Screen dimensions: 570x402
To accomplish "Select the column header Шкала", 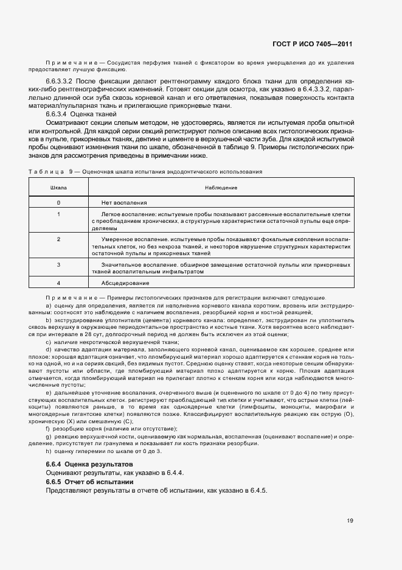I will tap(58, 188).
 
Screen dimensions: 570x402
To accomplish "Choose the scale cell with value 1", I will tap(58, 214).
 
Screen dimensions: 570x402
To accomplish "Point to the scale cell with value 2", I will tap(58, 239).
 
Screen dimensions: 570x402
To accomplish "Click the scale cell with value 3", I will tap(58, 264).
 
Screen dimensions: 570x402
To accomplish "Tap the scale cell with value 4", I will tap(58, 283).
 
